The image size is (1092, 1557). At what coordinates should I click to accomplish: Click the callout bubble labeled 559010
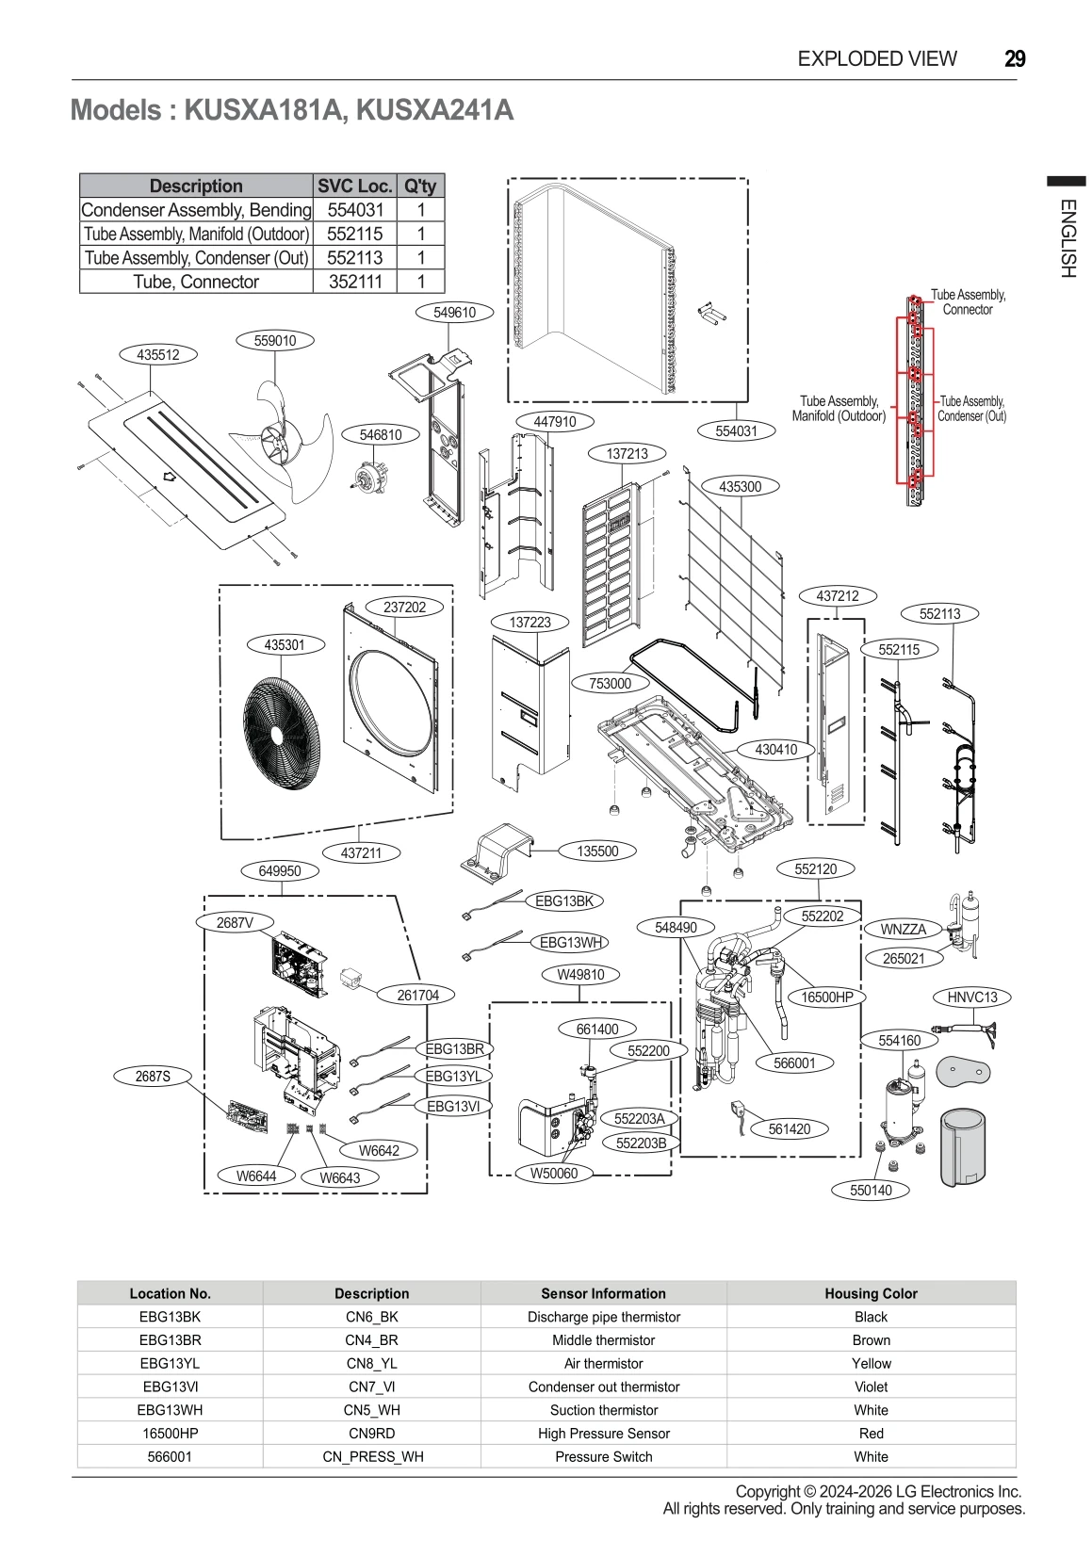point(274,341)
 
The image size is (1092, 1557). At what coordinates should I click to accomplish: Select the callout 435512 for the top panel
point(157,355)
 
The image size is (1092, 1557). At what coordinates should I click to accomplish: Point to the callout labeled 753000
point(610,683)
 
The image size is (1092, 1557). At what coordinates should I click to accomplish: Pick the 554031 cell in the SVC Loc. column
point(355,210)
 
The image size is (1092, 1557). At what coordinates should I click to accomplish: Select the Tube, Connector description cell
point(196,282)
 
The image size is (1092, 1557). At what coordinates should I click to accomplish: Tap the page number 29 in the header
point(1015,58)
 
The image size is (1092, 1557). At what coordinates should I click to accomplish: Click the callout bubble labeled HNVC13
point(971,997)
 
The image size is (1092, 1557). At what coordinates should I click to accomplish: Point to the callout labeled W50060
point(553,1173)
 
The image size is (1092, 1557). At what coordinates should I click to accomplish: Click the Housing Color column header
point(870,1293)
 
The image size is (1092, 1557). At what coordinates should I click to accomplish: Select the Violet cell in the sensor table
point(870,1387)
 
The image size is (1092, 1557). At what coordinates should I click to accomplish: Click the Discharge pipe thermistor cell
point(603,1317)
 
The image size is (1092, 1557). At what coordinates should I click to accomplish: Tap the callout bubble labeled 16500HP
point(826,997)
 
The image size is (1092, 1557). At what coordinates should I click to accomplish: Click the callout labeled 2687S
point(153,1076)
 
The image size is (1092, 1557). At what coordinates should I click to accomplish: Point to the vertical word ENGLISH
point(1067,237)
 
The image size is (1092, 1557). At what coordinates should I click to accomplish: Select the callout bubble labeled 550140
point(871,1190)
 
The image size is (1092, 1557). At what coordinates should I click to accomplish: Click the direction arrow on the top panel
point(170,477)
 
